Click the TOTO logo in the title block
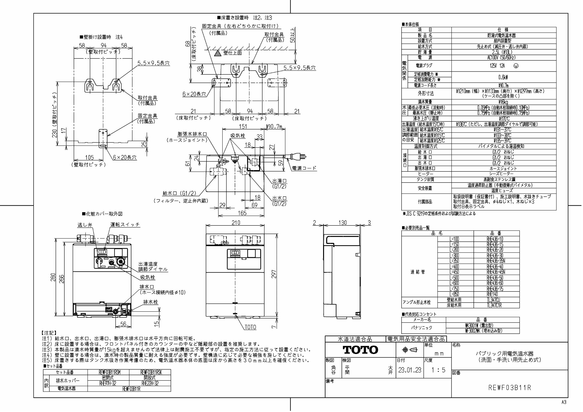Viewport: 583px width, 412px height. click(x=360, y=350)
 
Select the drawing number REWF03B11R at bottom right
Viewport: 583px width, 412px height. click(x=510, y=388)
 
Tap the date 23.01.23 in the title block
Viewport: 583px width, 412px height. click(x=410, y=370)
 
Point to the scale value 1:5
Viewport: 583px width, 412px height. click(x=438, y=370)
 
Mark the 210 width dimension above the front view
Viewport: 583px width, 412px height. click(x=236, y=222)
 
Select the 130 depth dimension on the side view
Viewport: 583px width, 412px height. click(x=342, y=223)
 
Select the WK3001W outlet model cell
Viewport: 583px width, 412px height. click(x=482, y=325)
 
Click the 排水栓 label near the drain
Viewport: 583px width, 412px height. click(x=151, y=302)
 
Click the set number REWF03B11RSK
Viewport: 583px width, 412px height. click(x=151, y=372)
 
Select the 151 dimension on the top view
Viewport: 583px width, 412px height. click(x=243, y=126)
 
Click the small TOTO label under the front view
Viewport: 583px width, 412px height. click(x=250, y=327)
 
